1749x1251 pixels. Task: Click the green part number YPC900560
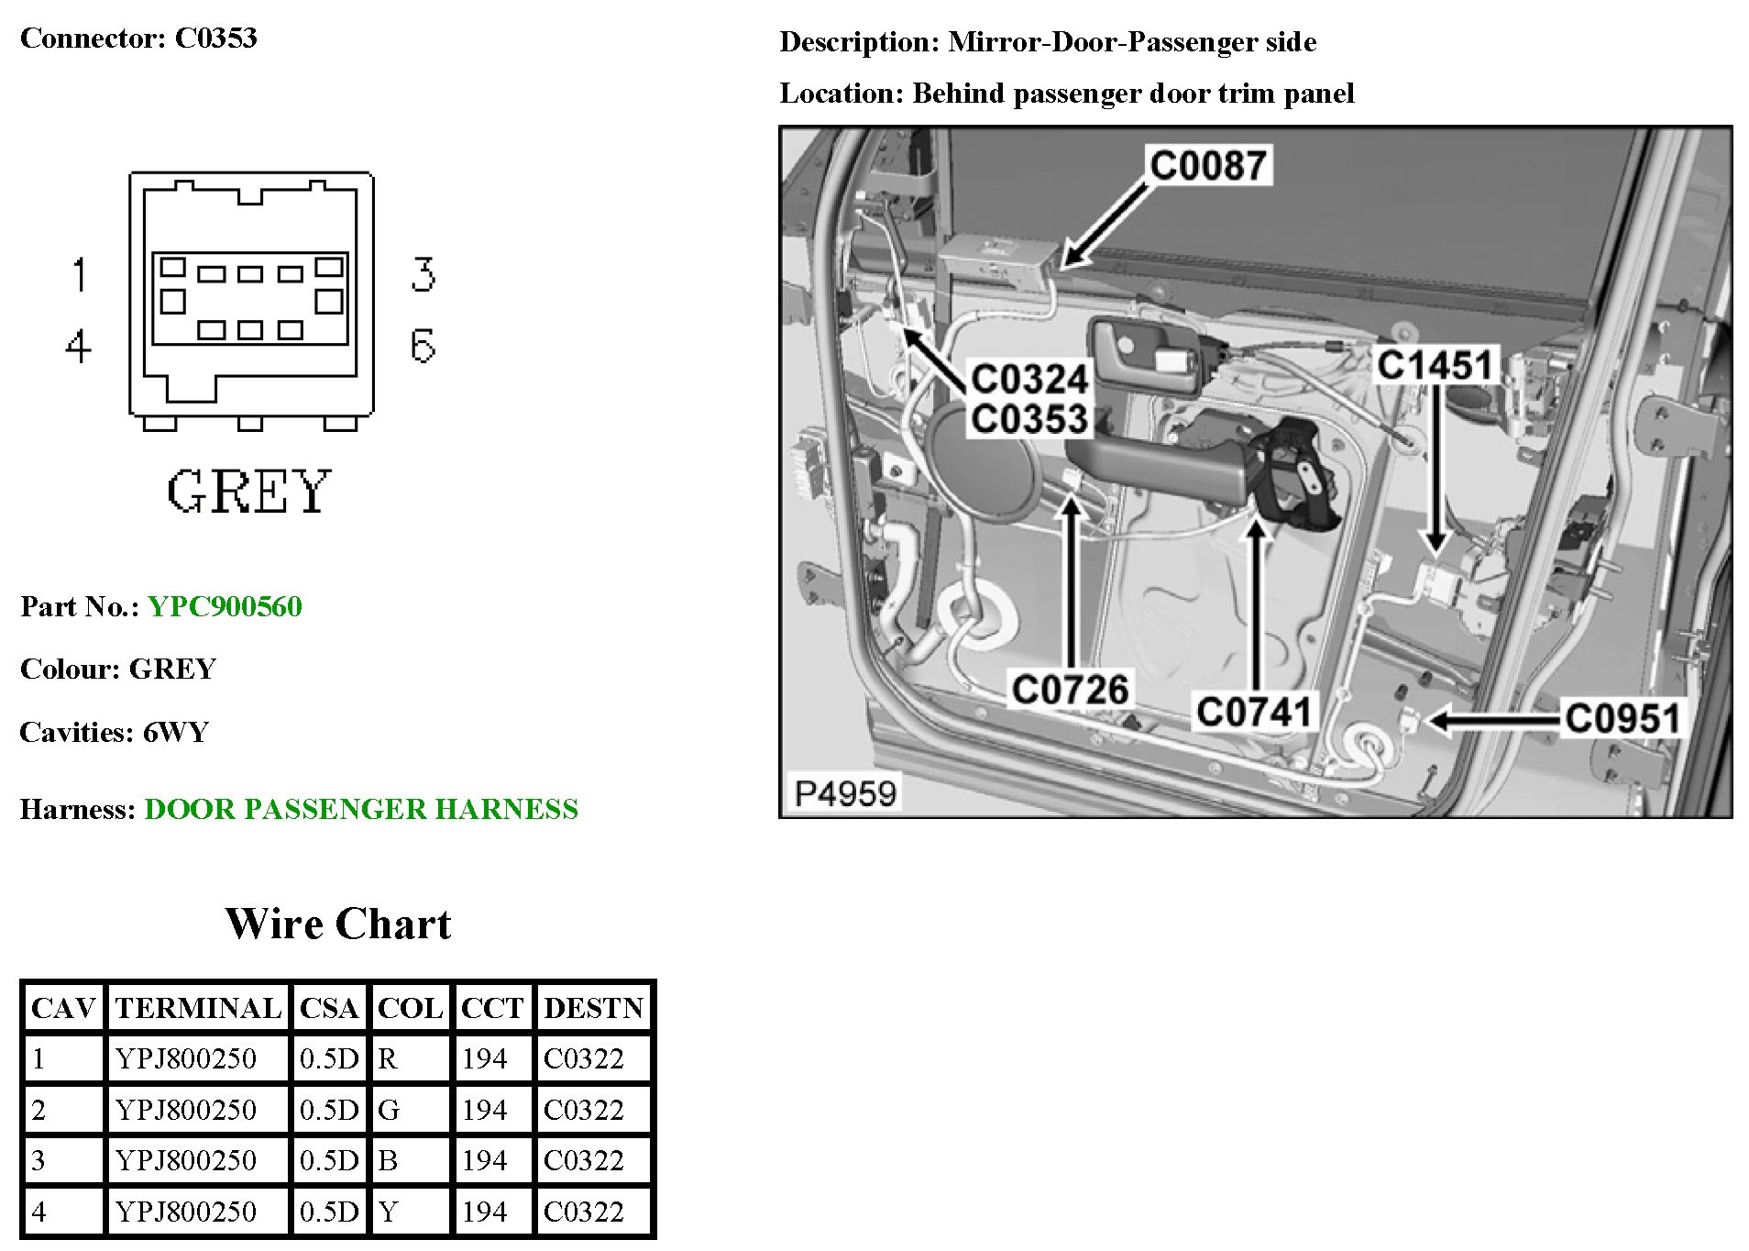(x=225, y=607)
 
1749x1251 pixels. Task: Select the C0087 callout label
(x=1207, y=166)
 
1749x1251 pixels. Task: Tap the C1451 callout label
(x=1435, y=365)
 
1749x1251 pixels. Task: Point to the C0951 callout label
(x=1622, y=718)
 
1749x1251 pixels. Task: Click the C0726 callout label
(x=1070, y=690)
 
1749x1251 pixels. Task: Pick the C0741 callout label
(x=1254, y=712)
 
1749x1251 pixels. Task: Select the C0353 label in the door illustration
(x=1029, y=419)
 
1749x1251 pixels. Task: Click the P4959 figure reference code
(x=845, y=793)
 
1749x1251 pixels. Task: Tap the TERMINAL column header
(x=198, y=1008)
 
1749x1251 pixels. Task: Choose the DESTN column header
(x=594, y=1008)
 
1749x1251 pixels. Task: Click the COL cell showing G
(x=389, y=1110)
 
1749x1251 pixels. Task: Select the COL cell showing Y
(x=389, y=1212)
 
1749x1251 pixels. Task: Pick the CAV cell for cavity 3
(x=38, y=1160)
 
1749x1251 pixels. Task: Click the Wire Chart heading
(x=338, y=924)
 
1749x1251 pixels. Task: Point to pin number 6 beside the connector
(x=423, y=347)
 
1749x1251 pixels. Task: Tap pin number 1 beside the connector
(x=80, y=274)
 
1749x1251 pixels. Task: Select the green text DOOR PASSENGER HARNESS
(x=361, y=809)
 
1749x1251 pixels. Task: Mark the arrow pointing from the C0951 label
(x=1494, y=721)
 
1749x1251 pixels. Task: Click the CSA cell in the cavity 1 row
(x=328, y=1058)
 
